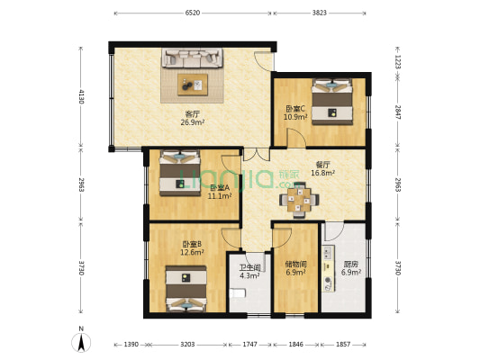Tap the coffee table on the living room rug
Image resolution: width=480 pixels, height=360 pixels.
pos(192,84)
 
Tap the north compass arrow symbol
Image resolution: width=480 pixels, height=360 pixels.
pos(82,341)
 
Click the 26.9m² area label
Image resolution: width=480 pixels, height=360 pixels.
pos(192,122)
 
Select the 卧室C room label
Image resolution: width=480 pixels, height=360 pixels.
pos(296,108)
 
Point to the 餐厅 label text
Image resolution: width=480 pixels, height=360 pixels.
pos(323,165)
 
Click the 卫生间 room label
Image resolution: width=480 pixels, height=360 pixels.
pos(249,267)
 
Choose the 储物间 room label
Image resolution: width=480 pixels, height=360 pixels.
pos(296,264)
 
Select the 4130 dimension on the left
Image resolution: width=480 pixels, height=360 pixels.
pos(81,95)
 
